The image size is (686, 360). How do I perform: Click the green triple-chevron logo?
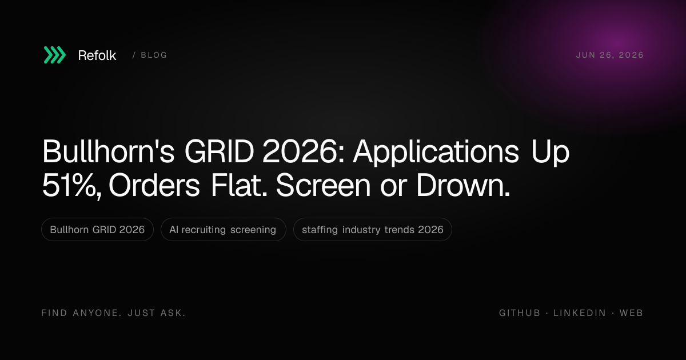click(55, 55)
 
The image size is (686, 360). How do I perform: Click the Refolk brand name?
click(97, 55)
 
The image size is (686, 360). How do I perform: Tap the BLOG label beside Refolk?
click(154, 55)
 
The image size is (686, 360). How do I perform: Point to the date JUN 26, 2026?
click(610, 55)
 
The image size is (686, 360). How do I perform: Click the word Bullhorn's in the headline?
click(109, 151)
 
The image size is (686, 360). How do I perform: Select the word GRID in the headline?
click(220, 151)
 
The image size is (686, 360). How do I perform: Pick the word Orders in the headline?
click(154, 185)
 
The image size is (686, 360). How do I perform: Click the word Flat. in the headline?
click(239, 185)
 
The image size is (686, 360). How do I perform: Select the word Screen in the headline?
click(323, 185)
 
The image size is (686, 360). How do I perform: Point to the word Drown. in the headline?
click(463, 185)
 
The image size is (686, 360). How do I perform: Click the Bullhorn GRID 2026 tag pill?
click(97, 230)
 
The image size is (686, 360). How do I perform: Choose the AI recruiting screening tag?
click(224, 230)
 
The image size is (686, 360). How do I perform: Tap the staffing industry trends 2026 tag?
click(372, 230)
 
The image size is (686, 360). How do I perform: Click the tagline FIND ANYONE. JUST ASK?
click(114, 313)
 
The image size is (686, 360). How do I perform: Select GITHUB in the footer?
click(520, 313)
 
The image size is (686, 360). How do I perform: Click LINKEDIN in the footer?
click(580, 313)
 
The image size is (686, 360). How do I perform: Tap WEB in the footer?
click(632, 313)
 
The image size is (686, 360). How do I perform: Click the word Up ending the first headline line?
click(551, 153)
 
